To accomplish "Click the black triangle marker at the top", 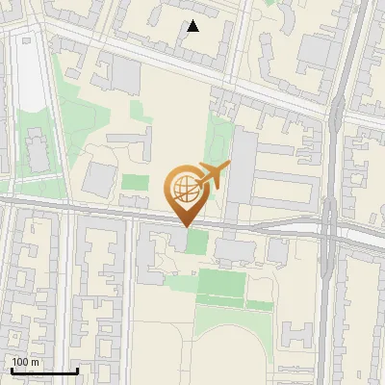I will pos(193,26).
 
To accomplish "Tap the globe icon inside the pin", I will pos(184,187).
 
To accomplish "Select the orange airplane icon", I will pos(214,175).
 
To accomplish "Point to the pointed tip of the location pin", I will pos(186,225).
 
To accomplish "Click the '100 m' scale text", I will pos(26,362).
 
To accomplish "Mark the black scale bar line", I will pos(43,372).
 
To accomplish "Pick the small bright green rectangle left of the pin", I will pos(135,181).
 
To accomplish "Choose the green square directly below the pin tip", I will pos(195,241).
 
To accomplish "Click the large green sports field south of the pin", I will pos(221,284).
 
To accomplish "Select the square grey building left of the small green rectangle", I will pos(100,177).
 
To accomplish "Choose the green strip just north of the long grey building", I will pos(222,134).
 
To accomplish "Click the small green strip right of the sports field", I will pos(260,304).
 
